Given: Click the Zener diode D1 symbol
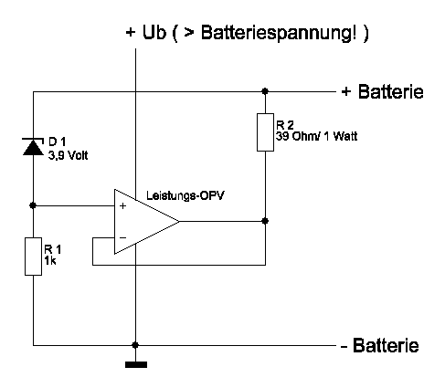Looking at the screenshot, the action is click(33, 147).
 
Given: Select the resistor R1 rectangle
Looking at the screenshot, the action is click(33, 257).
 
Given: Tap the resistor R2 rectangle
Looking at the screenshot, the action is click(265, 132).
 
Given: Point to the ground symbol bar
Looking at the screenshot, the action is click(136, 364).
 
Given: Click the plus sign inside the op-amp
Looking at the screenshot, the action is click(122, 206).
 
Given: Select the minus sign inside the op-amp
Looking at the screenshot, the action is click(122, 237).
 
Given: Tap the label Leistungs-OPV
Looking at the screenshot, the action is click(185, 195).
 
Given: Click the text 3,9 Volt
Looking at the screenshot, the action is click(68, 155).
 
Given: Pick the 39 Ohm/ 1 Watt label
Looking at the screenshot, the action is click(316, 136).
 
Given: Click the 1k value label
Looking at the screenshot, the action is click(50, 260).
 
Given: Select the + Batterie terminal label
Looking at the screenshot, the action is click(382, 91).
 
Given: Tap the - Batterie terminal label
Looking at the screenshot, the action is click(379, 345).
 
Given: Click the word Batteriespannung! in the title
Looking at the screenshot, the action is click(278, 33).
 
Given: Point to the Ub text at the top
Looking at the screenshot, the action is click(154, 32).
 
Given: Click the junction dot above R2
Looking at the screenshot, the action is click(265, 91).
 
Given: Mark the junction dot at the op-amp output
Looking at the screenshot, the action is click(265, 221).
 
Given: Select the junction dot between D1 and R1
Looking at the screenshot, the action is click(33, 205).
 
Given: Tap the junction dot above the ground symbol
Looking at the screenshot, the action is click(136, 345).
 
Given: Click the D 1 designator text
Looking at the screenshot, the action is click(57, 142).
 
